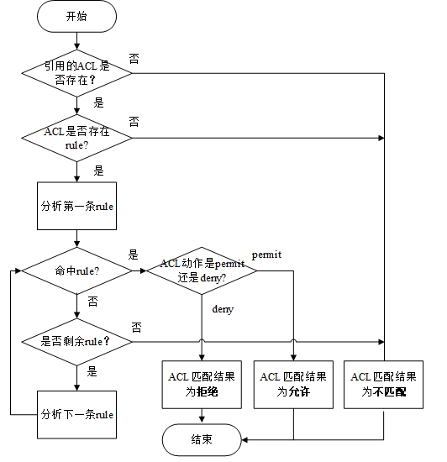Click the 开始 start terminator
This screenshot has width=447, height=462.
click(76, 16)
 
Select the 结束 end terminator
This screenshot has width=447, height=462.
click(201, 438)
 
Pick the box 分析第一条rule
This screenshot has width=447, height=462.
click(76, 206)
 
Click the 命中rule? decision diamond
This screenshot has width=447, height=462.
click(76, 271)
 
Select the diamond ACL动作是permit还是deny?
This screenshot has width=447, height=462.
click(202, 271)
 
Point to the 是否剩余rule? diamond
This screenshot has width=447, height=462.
click(76, 342)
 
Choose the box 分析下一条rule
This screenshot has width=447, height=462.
click(76, 414)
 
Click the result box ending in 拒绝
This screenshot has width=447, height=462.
click(202, 384)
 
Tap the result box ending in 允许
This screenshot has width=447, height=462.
click(293, 384)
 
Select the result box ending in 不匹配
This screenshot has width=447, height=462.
click(384, 384)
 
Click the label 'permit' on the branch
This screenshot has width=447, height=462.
click(266, 254)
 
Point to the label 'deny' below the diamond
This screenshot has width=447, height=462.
click(222, 310)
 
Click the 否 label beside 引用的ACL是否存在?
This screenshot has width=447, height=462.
click(134, 57)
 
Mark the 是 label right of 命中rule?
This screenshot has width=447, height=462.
click(133, 254)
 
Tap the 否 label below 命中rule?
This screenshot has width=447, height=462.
click(92, 301)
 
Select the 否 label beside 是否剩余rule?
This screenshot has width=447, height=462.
click(135, 326)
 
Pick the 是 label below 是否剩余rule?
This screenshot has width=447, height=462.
click(92, 370)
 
